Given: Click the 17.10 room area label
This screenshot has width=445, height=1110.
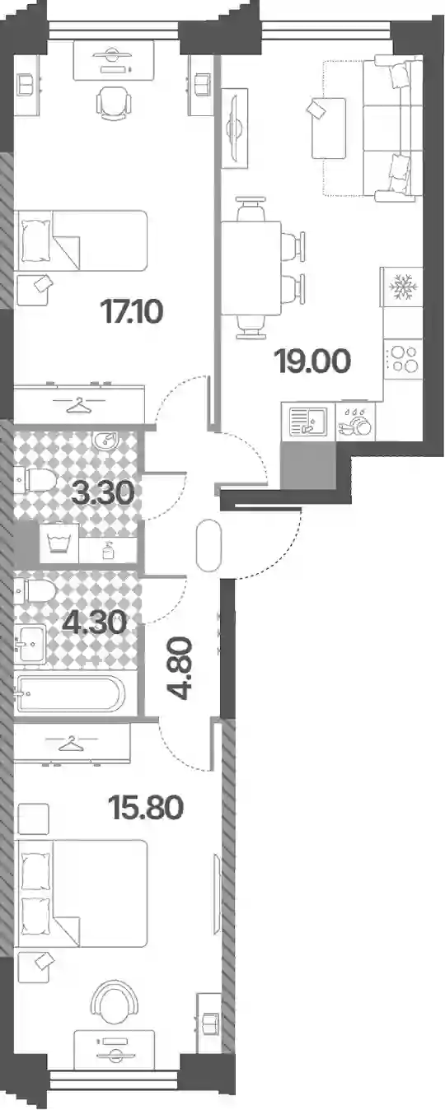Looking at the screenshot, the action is coord(131,311).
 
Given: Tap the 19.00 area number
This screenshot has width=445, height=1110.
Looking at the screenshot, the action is coord(313,361).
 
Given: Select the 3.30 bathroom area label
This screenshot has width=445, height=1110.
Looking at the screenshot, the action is coord(103,493).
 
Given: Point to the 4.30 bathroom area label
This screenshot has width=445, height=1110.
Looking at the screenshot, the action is coord(95,623).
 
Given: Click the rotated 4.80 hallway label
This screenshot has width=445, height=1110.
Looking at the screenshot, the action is coord(180,668).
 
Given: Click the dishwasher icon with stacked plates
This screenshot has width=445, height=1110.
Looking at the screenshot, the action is coord(354,422).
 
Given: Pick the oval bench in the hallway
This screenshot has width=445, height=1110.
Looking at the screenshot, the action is coord(208,545).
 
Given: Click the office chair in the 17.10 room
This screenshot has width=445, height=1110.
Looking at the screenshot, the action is coord(114,104).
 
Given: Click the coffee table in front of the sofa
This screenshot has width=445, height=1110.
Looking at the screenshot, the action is coord(329,128).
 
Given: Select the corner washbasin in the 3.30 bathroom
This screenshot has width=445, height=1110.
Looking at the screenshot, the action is coord(107,440).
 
